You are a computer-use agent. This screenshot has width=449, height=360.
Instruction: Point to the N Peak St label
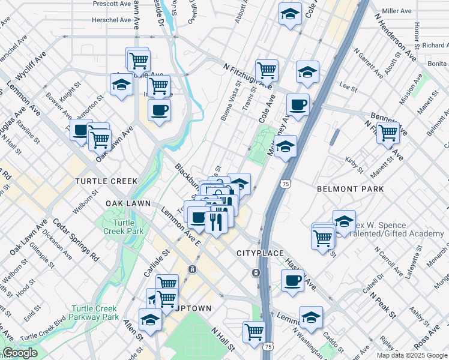[384, 305]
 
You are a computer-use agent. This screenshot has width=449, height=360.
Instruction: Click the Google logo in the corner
[20, 353]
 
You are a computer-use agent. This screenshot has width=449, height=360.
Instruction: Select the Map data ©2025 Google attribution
[412, 355]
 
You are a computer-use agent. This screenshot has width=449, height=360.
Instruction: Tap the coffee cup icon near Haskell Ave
[292, 281]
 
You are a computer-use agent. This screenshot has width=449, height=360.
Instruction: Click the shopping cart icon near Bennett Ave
[388, 133]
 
